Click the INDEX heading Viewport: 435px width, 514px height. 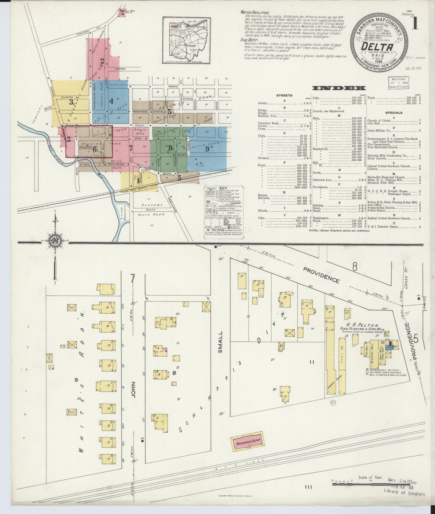pyautogui.click(x=339, y=88)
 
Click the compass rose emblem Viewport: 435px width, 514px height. pyautogui.click(x=55, y=242)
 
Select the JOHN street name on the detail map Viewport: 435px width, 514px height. pyautogui.click(x=133, y=391)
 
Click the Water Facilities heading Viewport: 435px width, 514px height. pyautogui.click(x=255, y=13)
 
